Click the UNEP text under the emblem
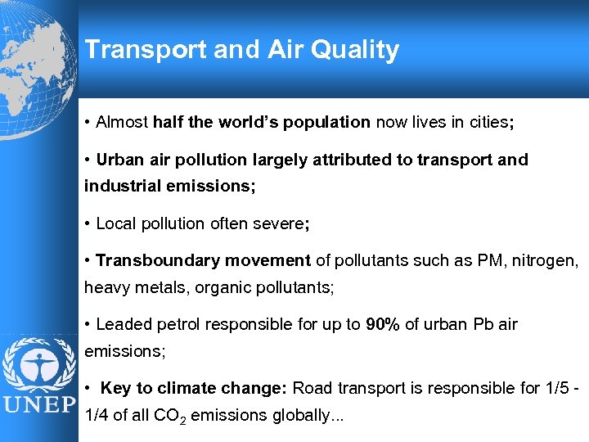tap(38, 406)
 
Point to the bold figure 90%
tap(383, 324)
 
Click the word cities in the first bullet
tap(488, 122)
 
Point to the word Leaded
tap(121, 324)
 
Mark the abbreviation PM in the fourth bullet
tap(478, 260)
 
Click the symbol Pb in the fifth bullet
tap(483, 324)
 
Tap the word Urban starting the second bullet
tap(119, 160)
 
